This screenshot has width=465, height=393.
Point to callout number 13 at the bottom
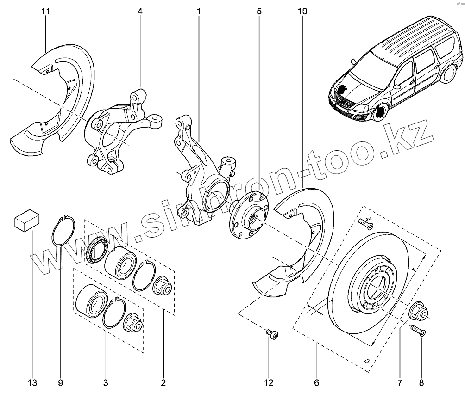(x=31, y=382)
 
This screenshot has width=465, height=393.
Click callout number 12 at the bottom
(x=269, y=382)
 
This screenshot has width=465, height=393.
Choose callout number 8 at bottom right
(x=421, y=382)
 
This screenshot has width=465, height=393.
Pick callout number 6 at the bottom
(x=317, y=382)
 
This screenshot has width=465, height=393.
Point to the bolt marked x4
(x=366, y=225)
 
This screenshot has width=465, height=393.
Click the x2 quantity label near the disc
(x=366, y=361)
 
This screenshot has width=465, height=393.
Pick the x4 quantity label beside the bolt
(x=369, y=219)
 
